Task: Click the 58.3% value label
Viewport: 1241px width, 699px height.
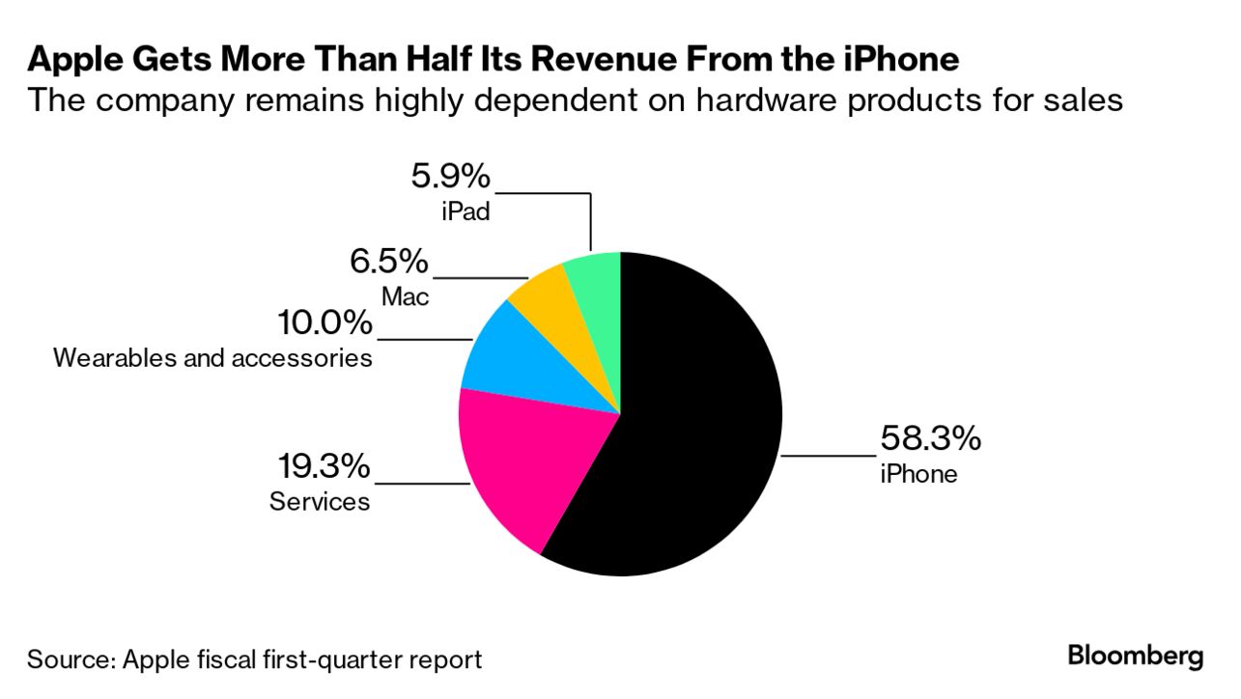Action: point(929,439)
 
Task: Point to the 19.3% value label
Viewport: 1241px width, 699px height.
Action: point(323,467)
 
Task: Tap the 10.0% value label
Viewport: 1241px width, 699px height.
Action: point(324,323)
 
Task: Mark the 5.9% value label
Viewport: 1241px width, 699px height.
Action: point(450,177)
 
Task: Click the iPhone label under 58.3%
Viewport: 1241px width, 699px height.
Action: point(917,474)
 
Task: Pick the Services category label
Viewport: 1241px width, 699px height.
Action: point(320,502)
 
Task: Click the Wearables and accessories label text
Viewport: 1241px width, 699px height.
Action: point(212,358)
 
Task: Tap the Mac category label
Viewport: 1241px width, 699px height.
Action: point(405,295)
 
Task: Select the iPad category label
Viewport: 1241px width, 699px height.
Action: point(465,210)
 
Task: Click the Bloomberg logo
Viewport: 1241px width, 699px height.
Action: point(1136,657)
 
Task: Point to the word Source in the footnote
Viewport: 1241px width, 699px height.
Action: point(69,660)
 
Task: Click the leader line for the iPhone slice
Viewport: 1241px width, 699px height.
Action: point(828,455)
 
